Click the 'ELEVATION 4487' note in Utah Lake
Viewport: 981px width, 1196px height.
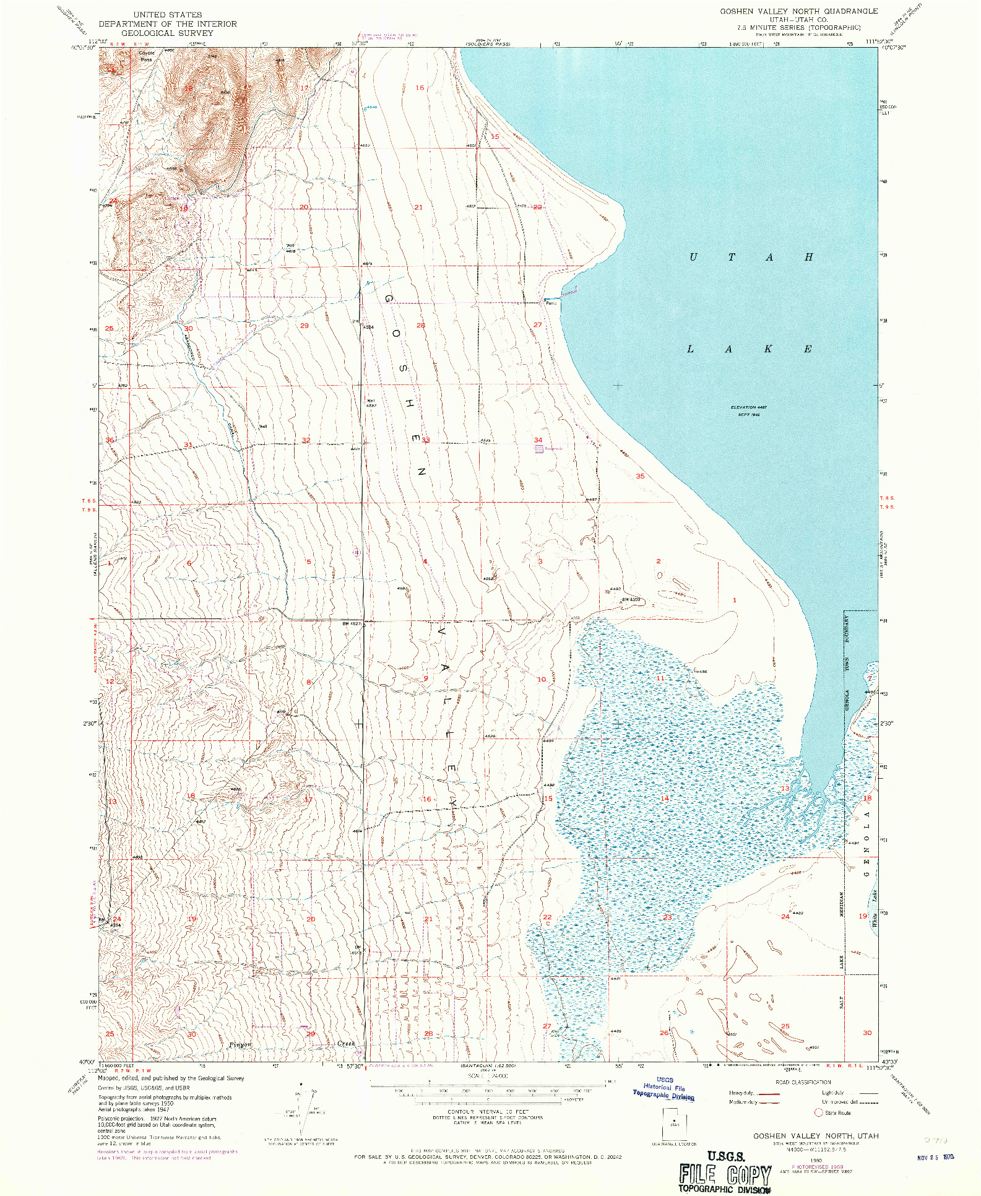(748, 407)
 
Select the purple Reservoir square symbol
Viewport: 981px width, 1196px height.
(539, 449)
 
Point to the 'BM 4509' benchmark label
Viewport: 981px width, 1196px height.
(630, 599)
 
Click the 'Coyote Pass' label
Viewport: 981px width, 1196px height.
(146, 56)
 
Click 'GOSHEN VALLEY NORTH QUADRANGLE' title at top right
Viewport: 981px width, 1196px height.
(798, 11)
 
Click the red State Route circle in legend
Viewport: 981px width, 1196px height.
(818, 1112)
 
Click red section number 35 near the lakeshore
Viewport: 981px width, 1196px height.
(640, 476)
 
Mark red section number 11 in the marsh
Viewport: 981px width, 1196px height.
(660, 678)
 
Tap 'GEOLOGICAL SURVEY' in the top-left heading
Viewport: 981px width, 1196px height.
(167, 33)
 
